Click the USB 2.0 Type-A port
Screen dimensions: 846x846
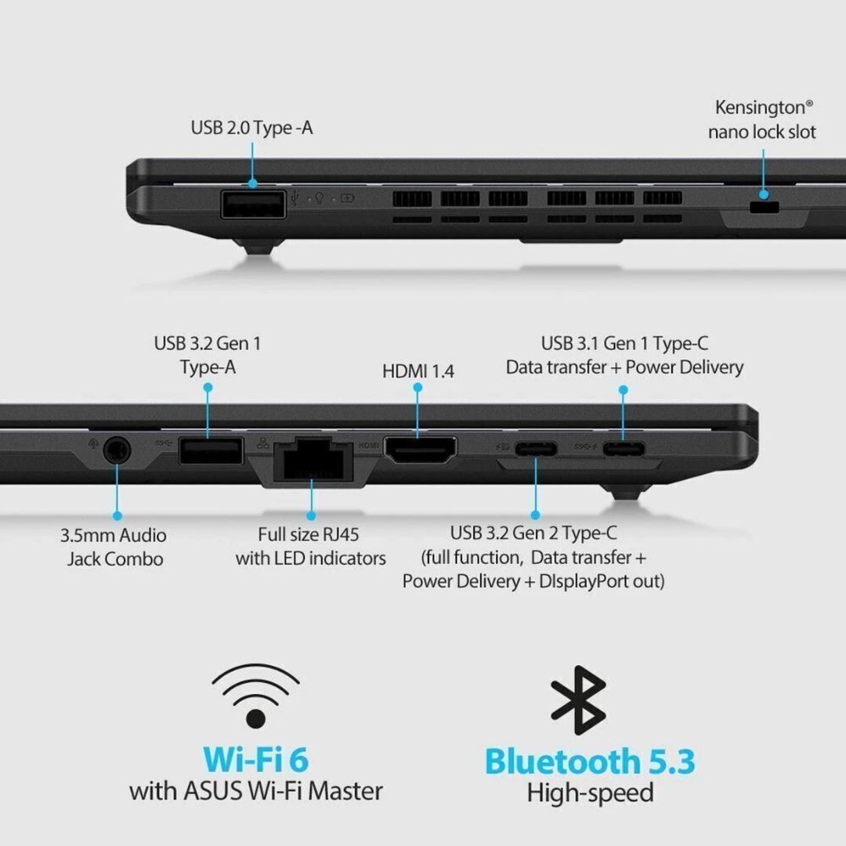pos(253,204)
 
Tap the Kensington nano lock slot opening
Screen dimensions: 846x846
pos(765,207)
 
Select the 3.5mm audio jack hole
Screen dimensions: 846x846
pos(117,450)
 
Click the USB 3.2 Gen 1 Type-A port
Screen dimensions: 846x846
pos(211,450)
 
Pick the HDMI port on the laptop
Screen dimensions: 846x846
pos(421,450)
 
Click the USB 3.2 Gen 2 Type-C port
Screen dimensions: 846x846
pos(536,449)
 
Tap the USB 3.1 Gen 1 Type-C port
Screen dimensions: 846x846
pos(624,448)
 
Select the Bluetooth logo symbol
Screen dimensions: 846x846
pos(578,700)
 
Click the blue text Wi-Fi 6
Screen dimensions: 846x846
pos(255,760)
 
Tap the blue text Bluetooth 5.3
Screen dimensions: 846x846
pos(590,761)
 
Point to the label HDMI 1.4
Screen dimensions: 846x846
pos(418,371)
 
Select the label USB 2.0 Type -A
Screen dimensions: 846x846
pos(251,128)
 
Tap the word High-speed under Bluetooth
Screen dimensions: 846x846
pos(591,793)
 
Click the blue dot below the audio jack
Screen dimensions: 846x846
pos(117,515)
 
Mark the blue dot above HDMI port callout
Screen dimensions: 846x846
pos(418,388)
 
